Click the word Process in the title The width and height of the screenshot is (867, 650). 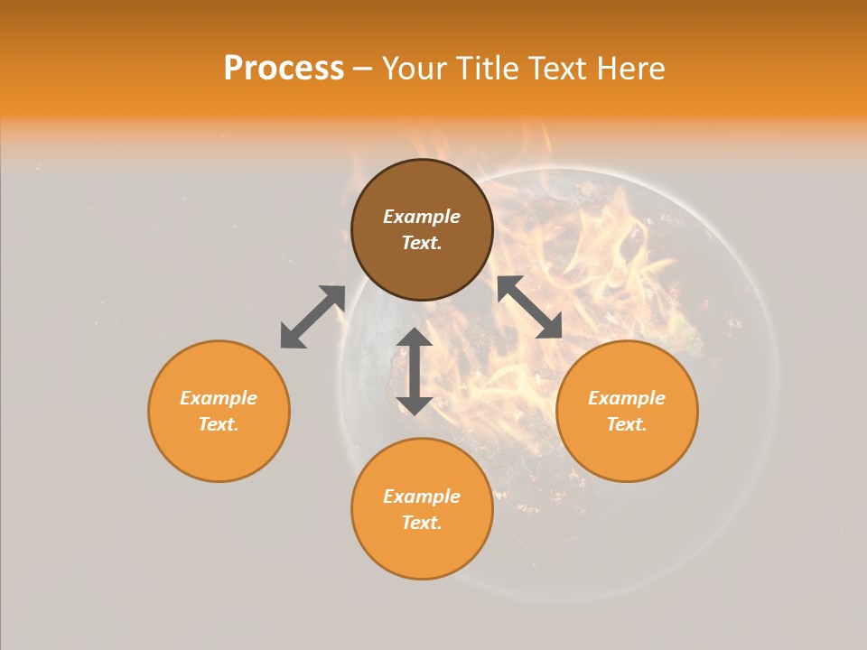click(x=284, y=69)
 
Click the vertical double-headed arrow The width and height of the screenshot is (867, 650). click(x=415, y=371)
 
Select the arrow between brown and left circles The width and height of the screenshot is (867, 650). click(x=312, y=317)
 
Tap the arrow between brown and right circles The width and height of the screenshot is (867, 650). click(x=530, y=307)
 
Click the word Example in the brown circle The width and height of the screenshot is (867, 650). click(x=422, y=217)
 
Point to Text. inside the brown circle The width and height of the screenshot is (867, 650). click(x=422, y=243)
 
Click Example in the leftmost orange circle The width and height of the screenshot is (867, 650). click(x=219, y=398)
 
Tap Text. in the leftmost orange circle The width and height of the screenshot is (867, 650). click(x=219, y=424)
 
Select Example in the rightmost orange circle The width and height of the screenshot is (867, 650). click(x=627, y=398)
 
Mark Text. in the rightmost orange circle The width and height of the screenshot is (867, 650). click(x=627, y=424)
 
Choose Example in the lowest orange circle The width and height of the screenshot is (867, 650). click(x=422, y=497)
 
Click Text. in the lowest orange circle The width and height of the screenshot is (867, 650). click(x=422, y=523)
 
